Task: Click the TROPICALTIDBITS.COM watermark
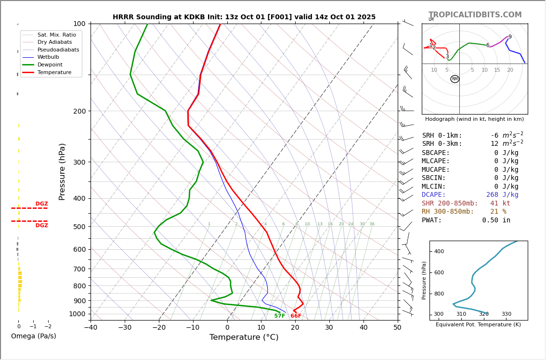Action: coord(475,15)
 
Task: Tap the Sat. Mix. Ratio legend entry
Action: coord(56,35)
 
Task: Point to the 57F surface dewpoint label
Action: coord(280,316)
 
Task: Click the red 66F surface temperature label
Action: coord(296,316)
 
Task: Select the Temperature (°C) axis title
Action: coord(244,337)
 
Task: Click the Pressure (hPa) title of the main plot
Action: coord(62,171)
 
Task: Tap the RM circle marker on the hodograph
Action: coord(455,79)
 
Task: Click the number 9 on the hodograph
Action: coord(510,37)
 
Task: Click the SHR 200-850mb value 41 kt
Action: coord(500,204)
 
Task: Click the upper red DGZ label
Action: coord(41,204)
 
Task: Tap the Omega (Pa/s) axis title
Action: coord(34,336)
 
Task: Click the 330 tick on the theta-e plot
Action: coord(507,314)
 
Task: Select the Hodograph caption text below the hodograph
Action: coord(474,119)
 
